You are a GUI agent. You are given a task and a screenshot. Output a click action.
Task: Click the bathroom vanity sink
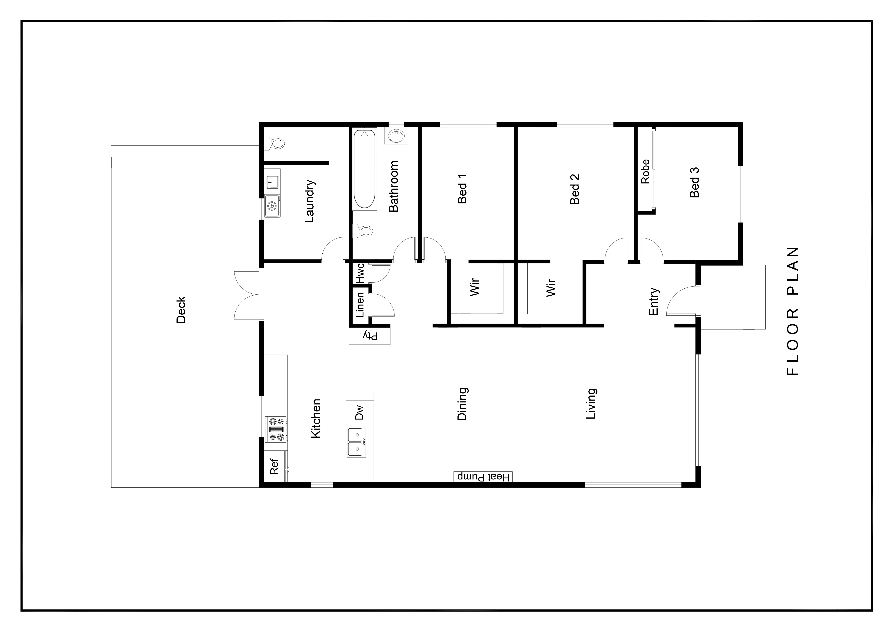click(x=396, y=136)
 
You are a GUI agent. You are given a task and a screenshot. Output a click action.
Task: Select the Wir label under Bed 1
click(x=474, y=287)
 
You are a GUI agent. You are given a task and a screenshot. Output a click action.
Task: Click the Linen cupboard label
click(x=360, y=305)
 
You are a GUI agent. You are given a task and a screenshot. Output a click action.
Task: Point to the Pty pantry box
click(x=369, y=336)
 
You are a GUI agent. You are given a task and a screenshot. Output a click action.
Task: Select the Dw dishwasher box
click(x=360, y=412)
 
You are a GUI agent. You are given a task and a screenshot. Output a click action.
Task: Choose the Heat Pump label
click(x=483, y=477)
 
